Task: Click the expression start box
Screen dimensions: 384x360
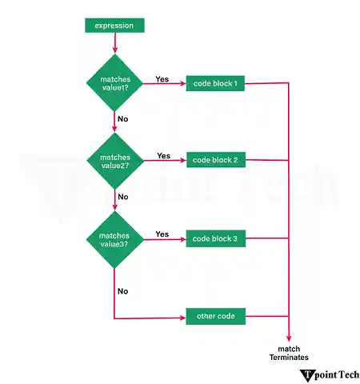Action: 114,26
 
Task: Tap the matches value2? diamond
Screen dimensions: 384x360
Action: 114,160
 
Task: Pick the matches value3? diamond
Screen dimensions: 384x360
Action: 114,239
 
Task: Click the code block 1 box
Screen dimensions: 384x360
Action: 215,84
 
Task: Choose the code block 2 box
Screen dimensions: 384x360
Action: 215,160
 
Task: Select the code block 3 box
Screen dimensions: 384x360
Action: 215,239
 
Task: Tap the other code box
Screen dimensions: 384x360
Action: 215,316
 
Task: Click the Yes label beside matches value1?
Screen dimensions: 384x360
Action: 162,79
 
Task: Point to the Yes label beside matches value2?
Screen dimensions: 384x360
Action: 164,155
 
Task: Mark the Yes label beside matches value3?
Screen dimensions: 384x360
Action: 162,234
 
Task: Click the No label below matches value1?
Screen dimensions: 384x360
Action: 122,118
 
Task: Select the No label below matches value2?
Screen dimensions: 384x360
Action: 122,196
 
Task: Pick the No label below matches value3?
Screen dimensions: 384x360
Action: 122,290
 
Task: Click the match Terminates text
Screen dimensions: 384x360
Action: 288,353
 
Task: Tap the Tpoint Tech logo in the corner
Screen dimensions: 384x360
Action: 328,374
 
